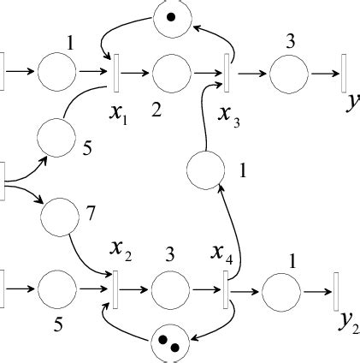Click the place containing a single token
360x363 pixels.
171,16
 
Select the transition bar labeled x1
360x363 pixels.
114,74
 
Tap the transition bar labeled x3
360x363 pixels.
228,74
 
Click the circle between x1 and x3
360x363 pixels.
171,74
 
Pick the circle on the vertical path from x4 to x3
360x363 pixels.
204,170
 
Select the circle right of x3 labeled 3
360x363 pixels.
288,74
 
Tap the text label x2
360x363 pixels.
120,250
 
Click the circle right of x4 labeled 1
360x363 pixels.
280,291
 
